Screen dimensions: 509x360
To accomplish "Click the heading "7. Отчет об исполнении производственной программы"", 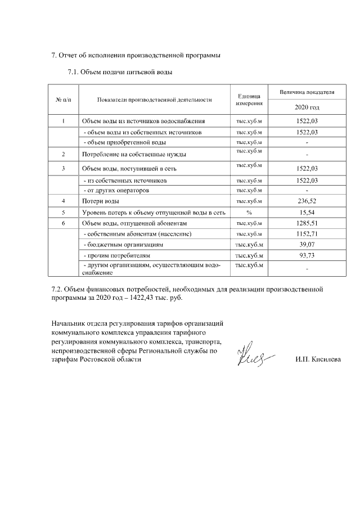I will pyautogui.click(x=136, y=55).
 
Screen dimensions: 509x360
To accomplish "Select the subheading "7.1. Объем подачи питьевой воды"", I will pyautogui.click(x=119, y=72).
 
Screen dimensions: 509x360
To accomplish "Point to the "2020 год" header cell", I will pyautogui.click(x=307, y=107).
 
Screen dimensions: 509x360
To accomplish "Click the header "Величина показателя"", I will pyautogui.click(x=307, y=91).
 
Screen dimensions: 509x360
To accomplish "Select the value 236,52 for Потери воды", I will pyautogui.click(x=307, y=201).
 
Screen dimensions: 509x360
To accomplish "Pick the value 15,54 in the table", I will pyautogui.click(x=307, y=212).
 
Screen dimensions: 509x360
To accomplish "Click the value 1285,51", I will pyautogui.click(x=307, y=223).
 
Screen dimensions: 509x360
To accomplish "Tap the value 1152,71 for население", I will pyautogui.click(x=307, y=234).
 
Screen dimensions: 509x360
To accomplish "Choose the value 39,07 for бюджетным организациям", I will pyautogui.click(x=307, y=245).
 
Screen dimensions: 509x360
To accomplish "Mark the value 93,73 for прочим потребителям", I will pyautogui.click(x=307, y=255).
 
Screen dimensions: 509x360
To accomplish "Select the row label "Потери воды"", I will pyautogui.click(x=100, y=201).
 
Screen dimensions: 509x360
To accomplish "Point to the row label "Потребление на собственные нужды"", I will pyautogui.click(x=134, y=154).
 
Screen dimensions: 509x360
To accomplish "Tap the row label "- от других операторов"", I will pyautogui.click(x=116, y=190).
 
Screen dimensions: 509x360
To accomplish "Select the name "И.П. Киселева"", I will pyautogui.click(x=318, y=359).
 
